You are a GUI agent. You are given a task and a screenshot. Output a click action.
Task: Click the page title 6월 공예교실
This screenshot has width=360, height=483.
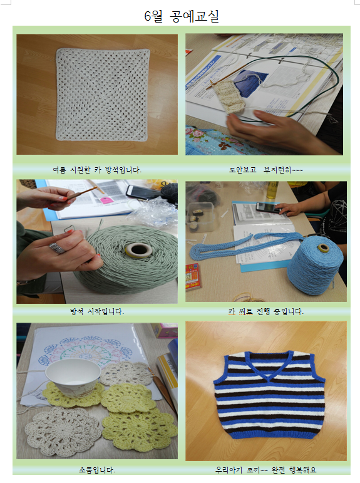tap(182, 16)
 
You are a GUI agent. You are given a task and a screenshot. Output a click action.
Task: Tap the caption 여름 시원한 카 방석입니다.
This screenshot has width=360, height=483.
tap(97, 170)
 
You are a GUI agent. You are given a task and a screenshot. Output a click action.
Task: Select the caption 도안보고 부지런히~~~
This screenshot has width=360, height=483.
tap(265, 170)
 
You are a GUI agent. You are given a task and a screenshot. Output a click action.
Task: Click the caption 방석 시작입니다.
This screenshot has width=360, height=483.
tap(97, 311)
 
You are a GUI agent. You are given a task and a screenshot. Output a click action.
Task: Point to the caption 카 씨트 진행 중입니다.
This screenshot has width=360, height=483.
tap(265, 311)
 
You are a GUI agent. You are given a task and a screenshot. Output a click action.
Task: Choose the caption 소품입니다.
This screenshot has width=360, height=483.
tap(97, 470)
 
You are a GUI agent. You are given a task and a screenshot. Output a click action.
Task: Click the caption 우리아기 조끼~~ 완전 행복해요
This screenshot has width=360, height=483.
tap(265, 470)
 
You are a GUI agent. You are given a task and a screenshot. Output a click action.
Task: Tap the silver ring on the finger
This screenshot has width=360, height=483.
tap(57, 248)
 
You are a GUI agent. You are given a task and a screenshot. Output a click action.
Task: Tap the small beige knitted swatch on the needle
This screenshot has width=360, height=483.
tap(229, 96)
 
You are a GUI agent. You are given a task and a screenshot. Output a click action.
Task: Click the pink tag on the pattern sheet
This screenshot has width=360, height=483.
tap(106, 200)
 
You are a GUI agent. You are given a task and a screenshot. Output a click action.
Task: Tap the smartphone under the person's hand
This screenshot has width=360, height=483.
tap(269, 207)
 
